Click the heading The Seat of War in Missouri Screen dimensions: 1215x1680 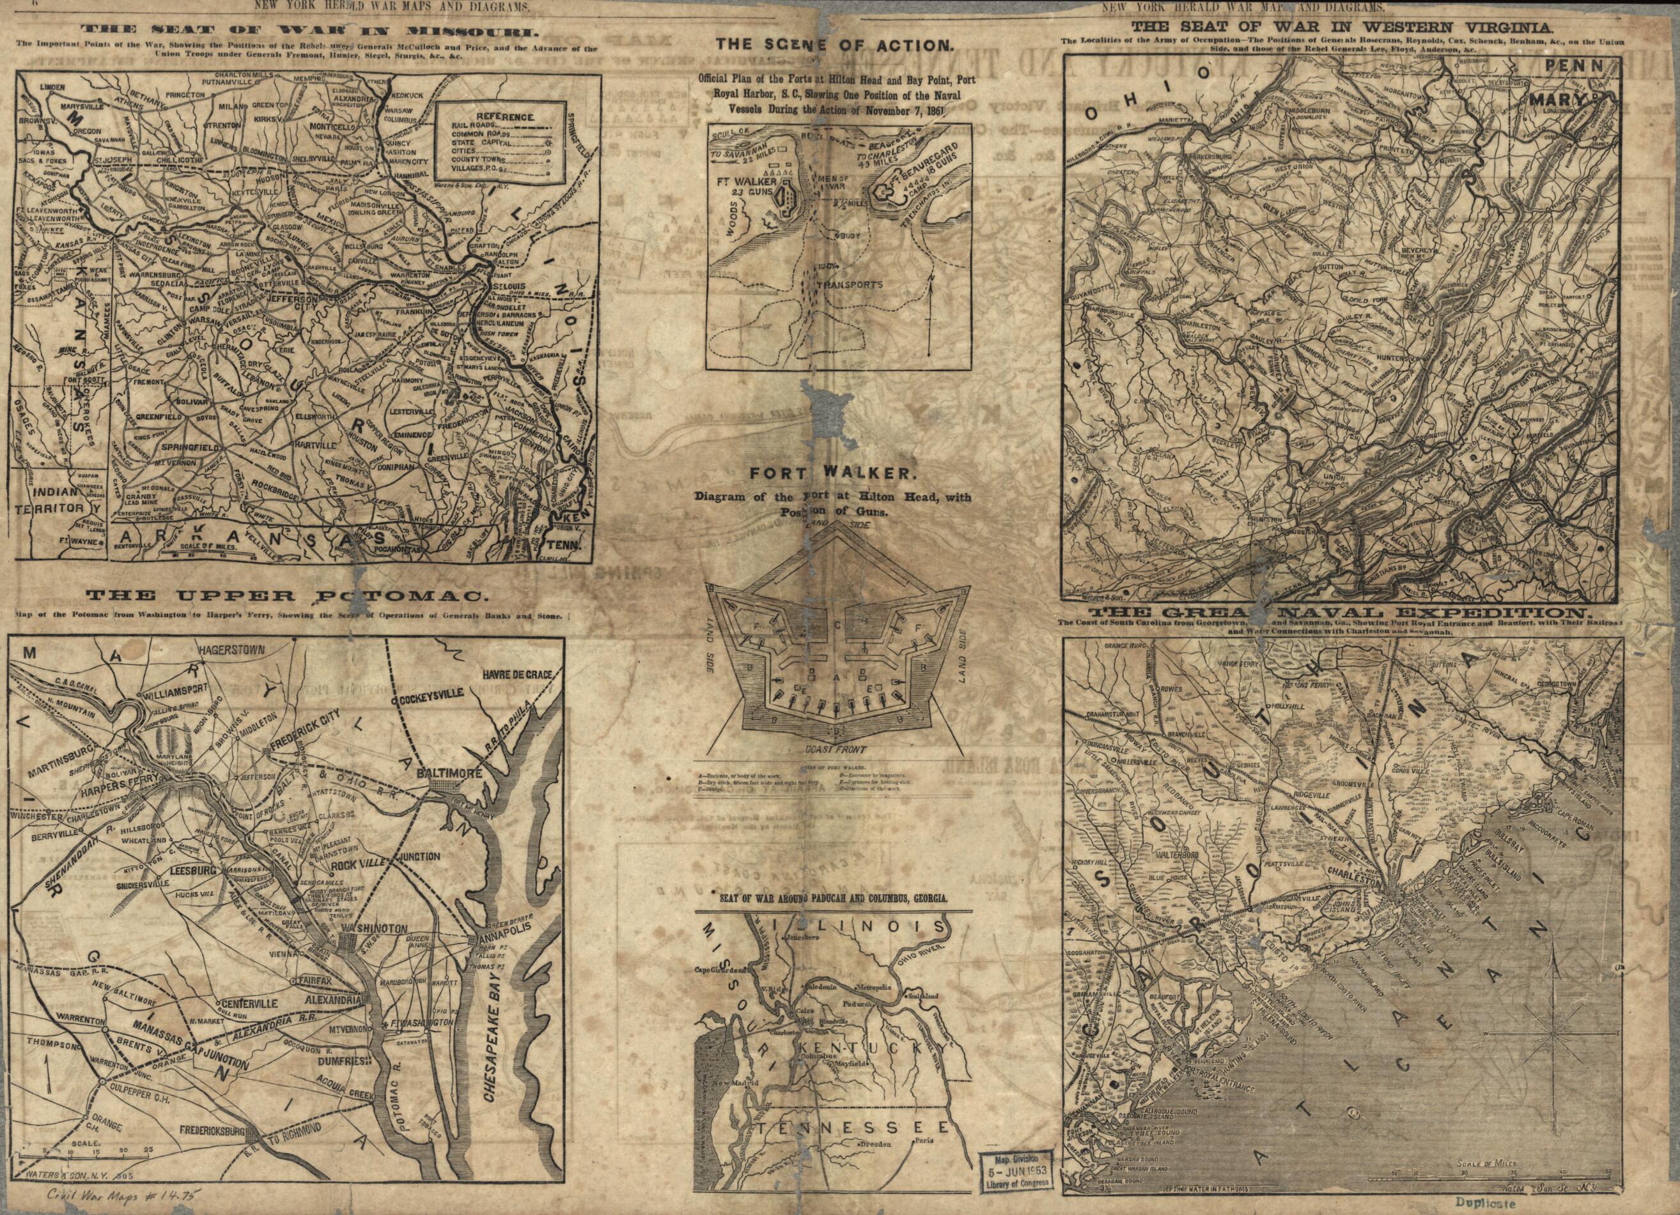click(x=309, y=32)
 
